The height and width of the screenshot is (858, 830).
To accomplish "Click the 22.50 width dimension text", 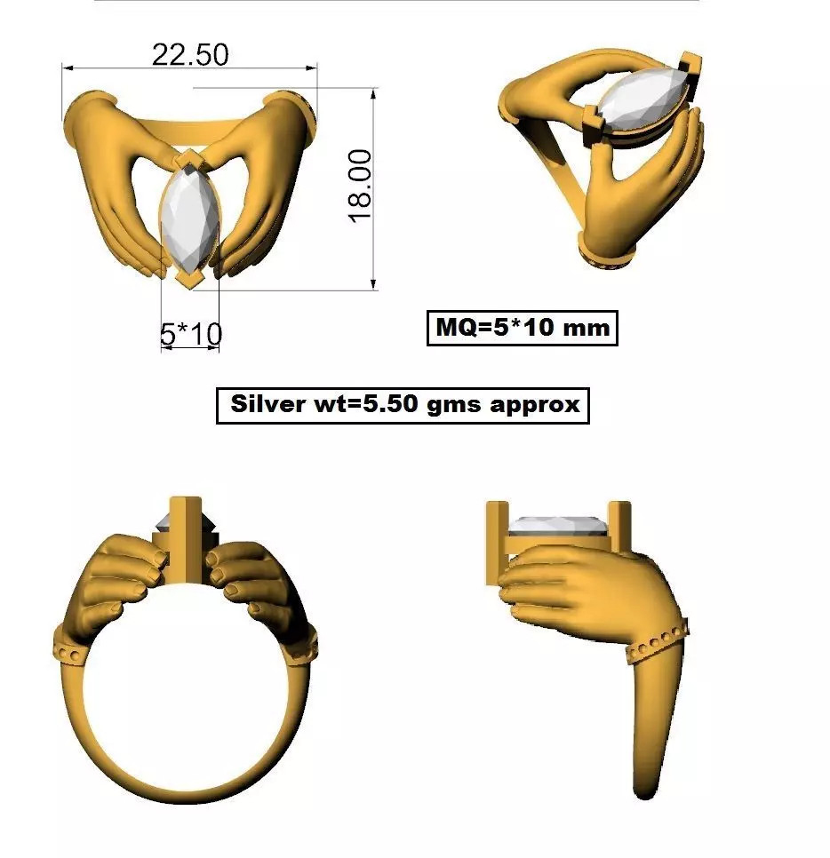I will [x=189, y=55].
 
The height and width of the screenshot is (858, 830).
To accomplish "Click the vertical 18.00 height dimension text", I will [x=360, y=186].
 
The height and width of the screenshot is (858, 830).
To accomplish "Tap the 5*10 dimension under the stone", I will [x=190, y=334].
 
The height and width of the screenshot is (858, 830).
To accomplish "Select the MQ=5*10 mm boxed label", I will [x=522, y=327].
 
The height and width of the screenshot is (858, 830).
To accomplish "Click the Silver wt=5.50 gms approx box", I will [x=403, y=405].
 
